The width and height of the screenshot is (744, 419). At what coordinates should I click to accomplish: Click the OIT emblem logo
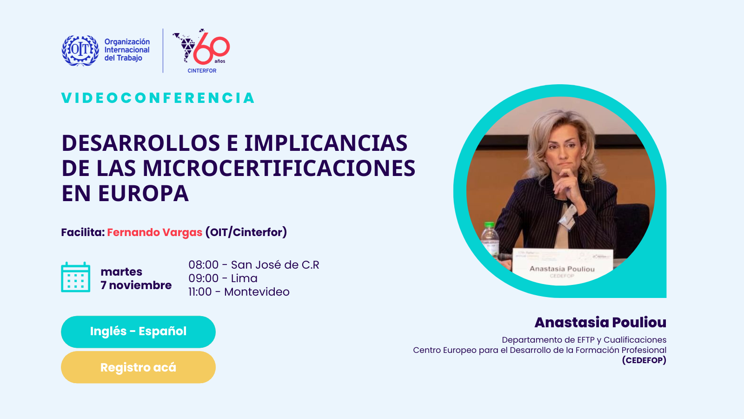click(x=80, y=51)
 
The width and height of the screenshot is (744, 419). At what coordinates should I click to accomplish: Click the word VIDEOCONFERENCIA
click(x=158, y=98)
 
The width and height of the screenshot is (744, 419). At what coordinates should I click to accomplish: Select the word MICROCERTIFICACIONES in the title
click(x=279, y=168)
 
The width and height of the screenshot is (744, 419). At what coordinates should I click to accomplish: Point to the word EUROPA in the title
click(x=144, y=193)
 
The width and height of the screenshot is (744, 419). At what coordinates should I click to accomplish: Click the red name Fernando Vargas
click(x=154, y=232)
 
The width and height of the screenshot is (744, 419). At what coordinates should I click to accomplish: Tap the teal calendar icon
click(x=76, y=277)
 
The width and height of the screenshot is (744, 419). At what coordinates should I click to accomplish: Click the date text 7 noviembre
click(x=136, y=285)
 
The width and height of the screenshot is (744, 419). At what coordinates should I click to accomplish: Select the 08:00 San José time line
click(x=254, y=265)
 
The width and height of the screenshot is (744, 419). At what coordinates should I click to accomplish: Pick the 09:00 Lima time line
click(x=223, y=278)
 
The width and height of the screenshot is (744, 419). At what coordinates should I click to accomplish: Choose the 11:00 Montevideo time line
click(x=239, y=291)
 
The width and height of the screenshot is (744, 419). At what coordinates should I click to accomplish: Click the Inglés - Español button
click(x=138, y=331)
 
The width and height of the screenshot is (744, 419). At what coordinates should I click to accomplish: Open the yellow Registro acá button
click(x=138, y=367)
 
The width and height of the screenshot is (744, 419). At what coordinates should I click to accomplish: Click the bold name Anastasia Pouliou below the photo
click(x=600, y=322)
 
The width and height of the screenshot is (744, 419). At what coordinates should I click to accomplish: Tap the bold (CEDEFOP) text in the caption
click(x=644, y=360)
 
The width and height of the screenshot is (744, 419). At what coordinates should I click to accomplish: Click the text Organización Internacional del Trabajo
click(x=127, y=50)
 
